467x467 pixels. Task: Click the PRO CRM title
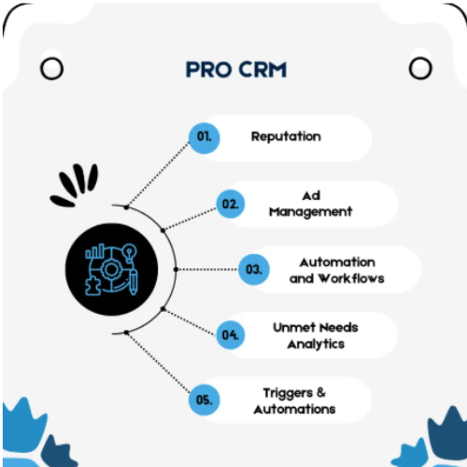coord(236,69)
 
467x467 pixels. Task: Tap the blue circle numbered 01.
coord(205,138)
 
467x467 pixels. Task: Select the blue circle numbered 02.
coord(231,204)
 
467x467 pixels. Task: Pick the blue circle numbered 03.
coord(254,269)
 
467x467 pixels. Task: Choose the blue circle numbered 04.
coord(231,335)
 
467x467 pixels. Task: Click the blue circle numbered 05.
coord(205,400)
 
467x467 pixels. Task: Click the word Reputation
coord(286,136)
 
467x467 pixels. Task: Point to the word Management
coord(310,212)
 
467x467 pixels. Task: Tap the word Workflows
coord(351,278)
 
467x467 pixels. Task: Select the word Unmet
coord(294,328)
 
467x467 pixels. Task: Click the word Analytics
coord(316,345)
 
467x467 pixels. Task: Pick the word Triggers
coord(288,393)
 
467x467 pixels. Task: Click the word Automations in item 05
coord(294,409)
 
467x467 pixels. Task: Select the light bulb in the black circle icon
coord(129,253)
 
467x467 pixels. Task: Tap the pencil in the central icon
coord(134,283)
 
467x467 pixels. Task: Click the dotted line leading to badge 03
coord(206,269)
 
